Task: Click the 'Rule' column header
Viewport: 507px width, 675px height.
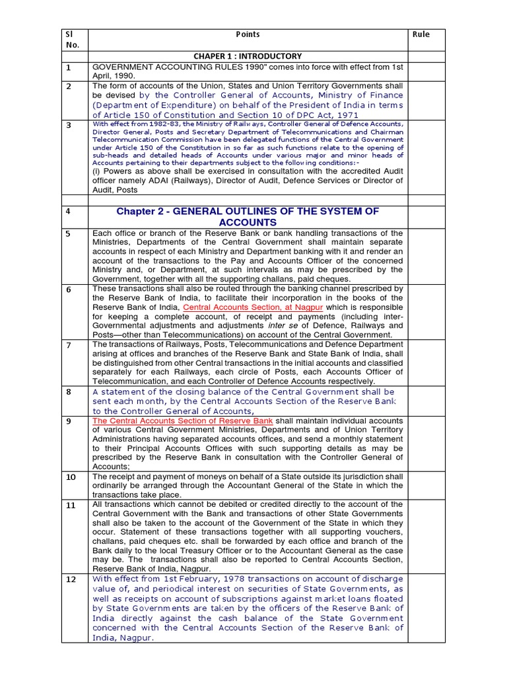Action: point(421,34)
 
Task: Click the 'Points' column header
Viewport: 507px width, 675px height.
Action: point(248,34)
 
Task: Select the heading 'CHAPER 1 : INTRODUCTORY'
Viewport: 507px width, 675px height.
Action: point(248,56)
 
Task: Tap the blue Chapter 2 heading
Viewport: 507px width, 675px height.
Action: point(248,216)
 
